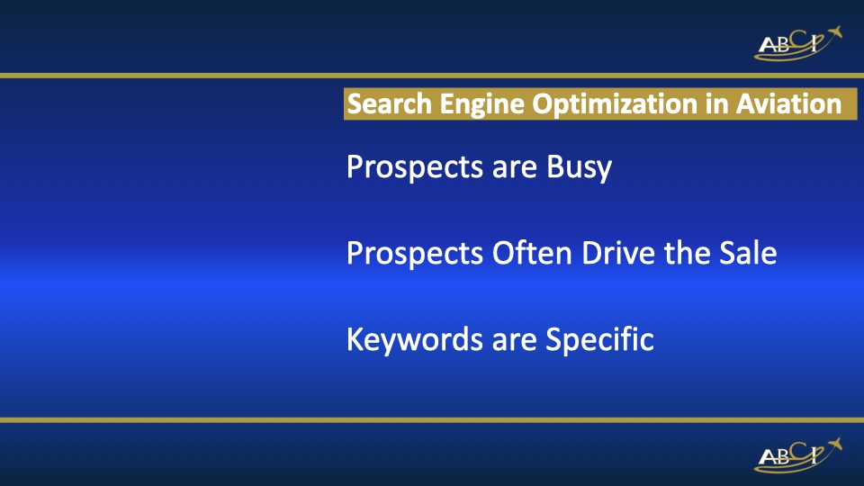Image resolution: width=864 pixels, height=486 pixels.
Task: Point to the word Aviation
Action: (x=789, y=104)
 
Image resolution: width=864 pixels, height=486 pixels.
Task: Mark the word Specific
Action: (x=599, y=341)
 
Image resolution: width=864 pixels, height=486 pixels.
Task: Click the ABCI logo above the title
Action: (x=797, y=43)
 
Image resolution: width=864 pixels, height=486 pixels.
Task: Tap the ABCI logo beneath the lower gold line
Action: (x=797, y=454)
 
